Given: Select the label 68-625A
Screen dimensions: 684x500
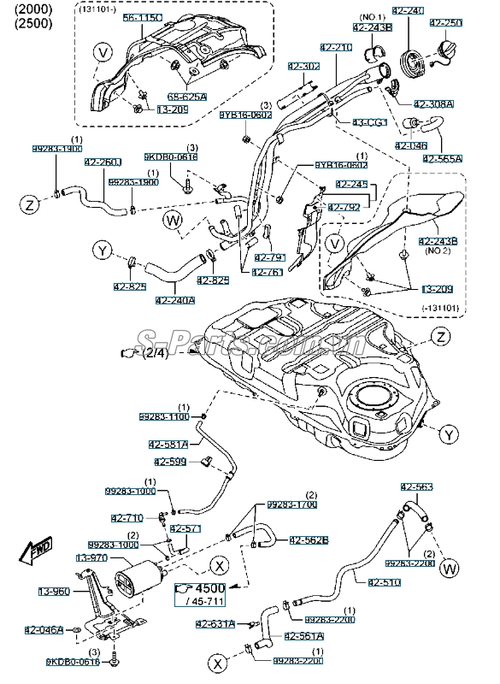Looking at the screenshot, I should point(187,97).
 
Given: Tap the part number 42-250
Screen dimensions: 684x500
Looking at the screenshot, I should point(445,22).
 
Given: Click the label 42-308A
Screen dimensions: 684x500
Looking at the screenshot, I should point(437,103).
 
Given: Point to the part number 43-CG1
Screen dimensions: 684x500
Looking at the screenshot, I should point(369,122).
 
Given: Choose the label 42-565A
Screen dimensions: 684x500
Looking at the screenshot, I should point(441,158).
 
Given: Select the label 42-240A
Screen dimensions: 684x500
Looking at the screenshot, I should point(175,300).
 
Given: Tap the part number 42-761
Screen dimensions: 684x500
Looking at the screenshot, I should point(268,272).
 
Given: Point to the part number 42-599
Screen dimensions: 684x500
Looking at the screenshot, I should point(174,462).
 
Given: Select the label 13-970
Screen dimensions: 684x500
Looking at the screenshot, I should point(91,557).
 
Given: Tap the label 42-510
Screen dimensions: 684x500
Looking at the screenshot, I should point(384,582).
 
